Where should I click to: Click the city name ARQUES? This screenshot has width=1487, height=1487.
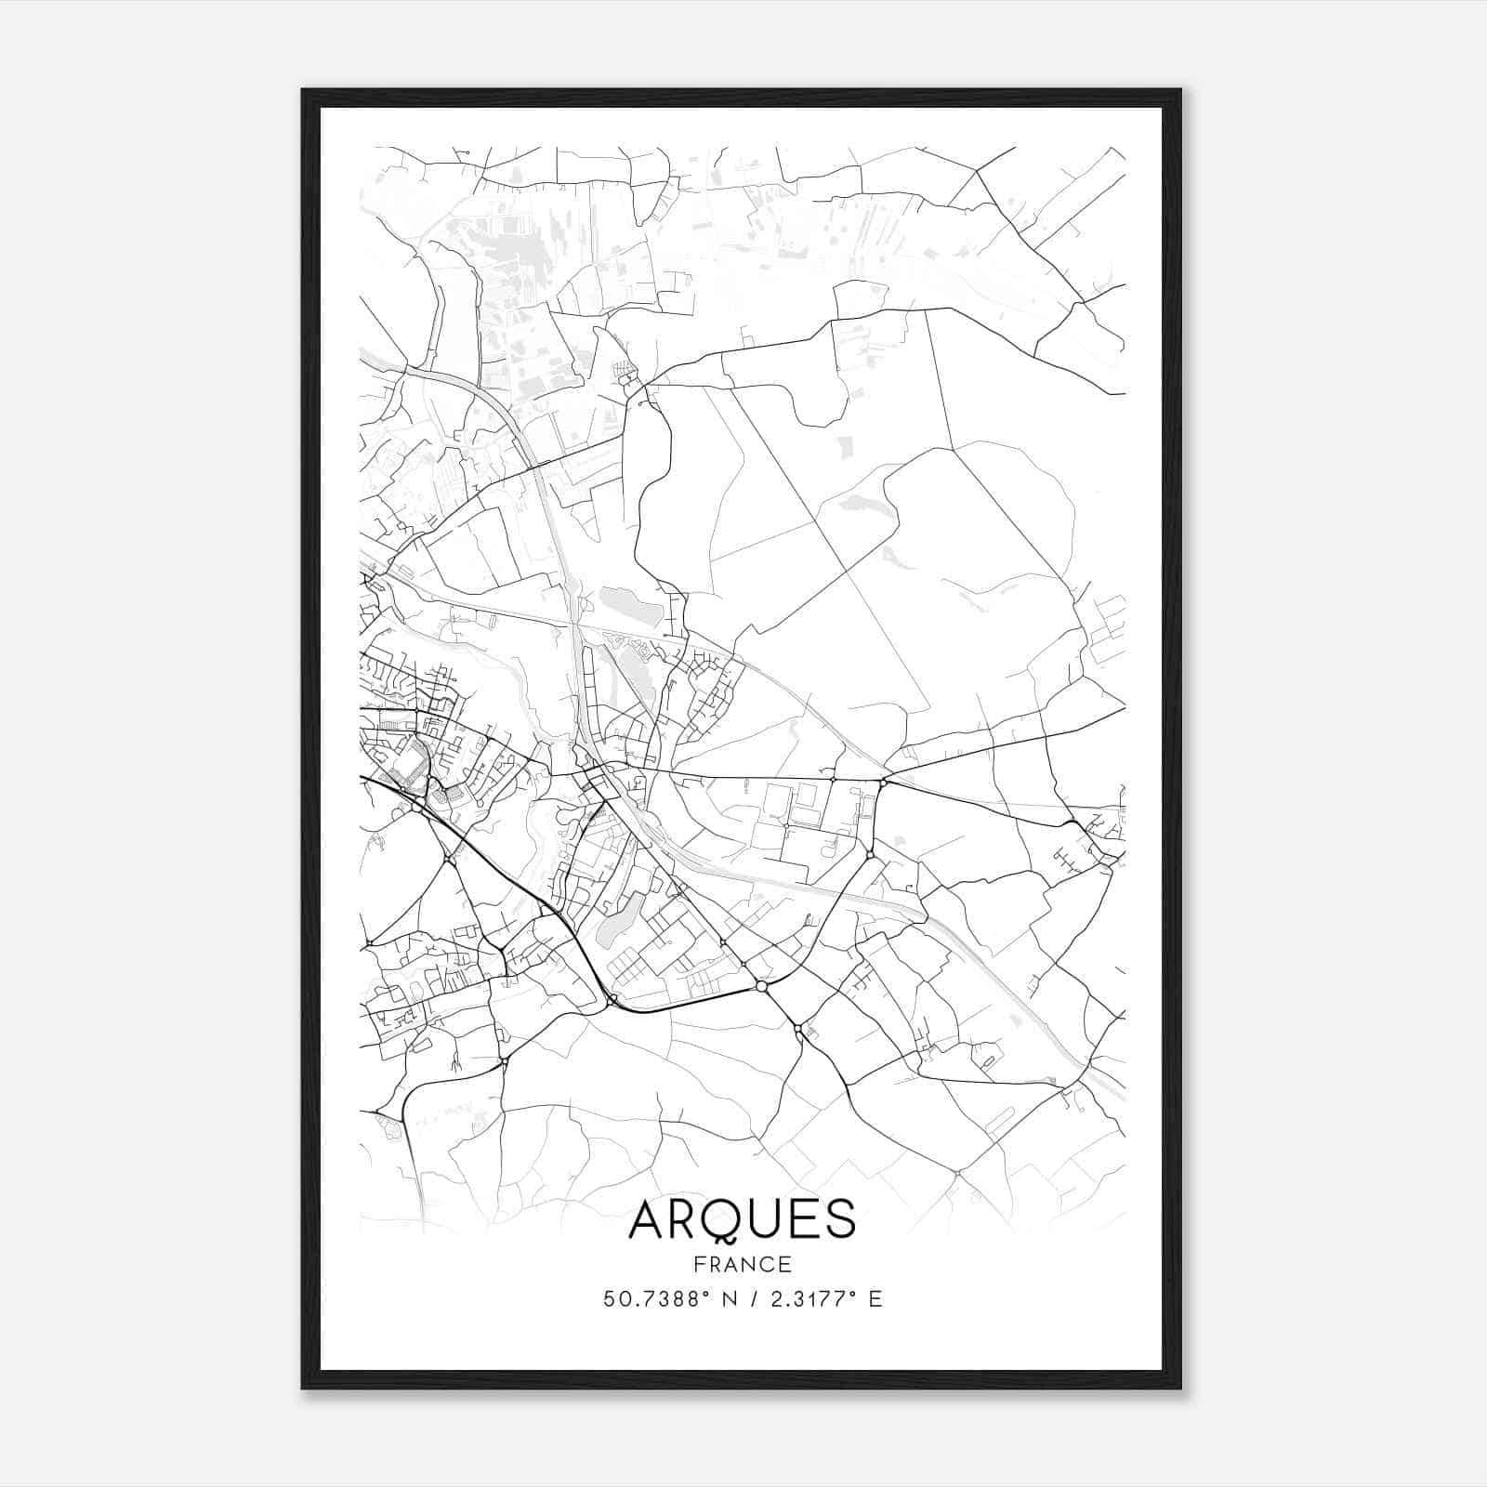coord(742,1219)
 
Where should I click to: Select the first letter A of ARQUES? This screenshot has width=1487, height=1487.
coord(648,1219)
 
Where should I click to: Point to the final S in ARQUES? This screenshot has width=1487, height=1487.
coord(839,1219)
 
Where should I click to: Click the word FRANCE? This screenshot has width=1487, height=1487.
coord(742,1265)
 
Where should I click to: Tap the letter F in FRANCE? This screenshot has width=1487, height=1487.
coord(700,1265)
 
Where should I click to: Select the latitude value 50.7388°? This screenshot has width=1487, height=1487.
coord(653,1299)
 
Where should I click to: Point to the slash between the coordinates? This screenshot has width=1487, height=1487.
coord(752,1299)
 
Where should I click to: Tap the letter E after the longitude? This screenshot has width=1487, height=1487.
coord(875,1299)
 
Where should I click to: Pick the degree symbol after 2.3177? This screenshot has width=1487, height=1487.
coord(851,1294)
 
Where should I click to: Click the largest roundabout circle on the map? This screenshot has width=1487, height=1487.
coord(761,985)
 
